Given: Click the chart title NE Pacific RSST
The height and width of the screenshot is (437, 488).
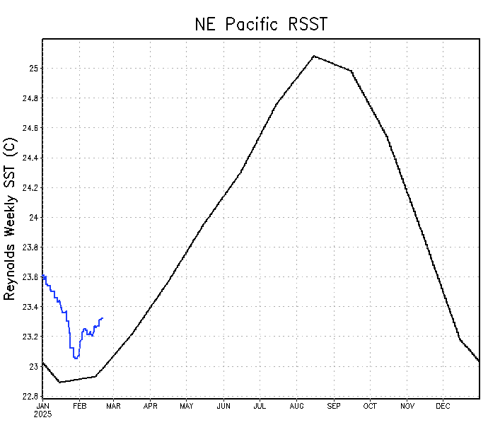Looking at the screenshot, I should click(261, 24).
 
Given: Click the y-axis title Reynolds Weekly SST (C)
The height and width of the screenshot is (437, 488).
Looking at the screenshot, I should click(10, 219).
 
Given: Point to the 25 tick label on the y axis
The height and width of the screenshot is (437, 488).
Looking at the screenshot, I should click(33, 69).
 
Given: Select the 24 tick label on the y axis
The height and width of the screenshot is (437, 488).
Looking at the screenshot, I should click(33, 218).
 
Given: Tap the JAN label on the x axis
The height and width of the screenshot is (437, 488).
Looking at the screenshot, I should click(43, 406).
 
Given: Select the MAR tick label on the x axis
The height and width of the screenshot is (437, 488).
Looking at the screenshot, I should click(114, 406).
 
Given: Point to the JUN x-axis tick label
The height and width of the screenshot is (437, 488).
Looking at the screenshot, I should click(223, 406).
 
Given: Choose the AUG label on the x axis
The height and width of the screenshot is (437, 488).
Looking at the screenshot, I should click(296, 406).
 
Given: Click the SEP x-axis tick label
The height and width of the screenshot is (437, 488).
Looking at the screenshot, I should click(333, 406).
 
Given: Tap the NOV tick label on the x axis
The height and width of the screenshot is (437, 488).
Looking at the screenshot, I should click(407, 406).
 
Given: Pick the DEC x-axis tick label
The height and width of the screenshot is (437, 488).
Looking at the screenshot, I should click(443, 406).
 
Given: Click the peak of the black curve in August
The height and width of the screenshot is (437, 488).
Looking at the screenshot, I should click(314, 56).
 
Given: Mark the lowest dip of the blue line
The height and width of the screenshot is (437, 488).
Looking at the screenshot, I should click(76, 359).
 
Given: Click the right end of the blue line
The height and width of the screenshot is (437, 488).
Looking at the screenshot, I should click(103, 318).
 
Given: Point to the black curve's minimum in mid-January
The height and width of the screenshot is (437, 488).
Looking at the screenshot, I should click(59, 382).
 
